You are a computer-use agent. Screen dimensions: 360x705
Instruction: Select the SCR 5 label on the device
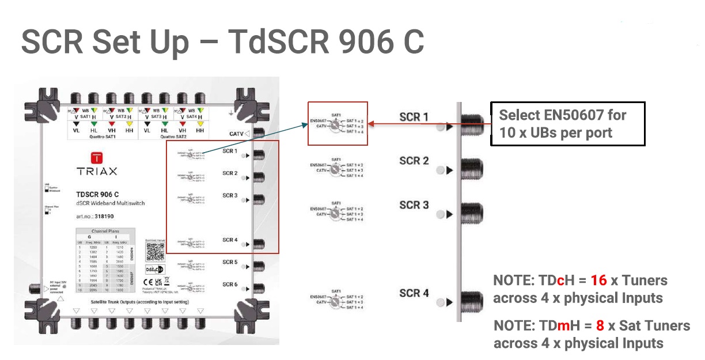(230, 262)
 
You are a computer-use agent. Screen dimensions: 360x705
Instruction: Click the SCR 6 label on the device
(230, 284)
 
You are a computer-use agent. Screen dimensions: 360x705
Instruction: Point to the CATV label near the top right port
(236, 134)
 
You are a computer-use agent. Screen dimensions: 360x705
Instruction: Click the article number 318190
(103, 217)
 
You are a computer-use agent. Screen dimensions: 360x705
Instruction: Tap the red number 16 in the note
(598, 281)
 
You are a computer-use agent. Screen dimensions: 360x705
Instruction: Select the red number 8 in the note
(600, 325)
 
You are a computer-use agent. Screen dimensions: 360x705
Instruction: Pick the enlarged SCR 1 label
(414, 117)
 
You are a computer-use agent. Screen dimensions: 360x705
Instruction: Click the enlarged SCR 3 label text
(414, 205)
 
